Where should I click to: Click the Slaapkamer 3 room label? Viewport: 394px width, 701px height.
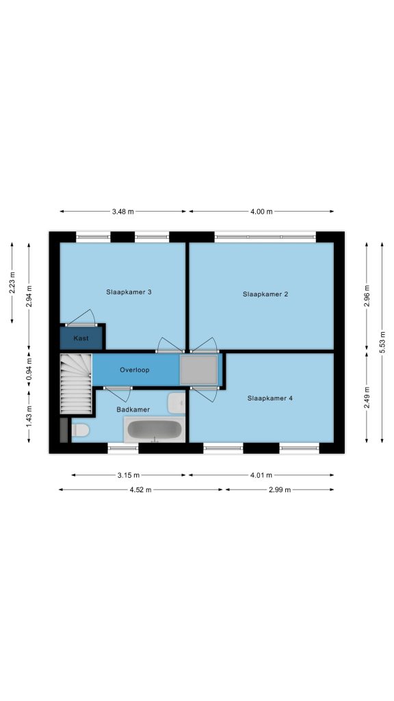(x=129, y=292)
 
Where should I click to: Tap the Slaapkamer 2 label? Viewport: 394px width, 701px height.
(x=265, y=294)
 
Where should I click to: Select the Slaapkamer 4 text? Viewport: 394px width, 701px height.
(x=270, y=398)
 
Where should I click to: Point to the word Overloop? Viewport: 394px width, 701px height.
(x=135, y=370)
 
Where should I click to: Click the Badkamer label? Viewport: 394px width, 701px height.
(x=133, y=409)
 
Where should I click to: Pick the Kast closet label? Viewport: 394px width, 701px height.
(x=81, y=338)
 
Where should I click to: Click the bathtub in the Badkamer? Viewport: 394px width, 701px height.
(x=155, y=430)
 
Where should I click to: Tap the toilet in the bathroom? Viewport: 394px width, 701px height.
(x=81, y=430)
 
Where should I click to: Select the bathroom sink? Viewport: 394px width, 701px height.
(x=176, y=403)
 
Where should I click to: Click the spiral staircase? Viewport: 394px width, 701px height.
(x=76, y=383)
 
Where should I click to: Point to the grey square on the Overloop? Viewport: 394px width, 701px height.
(x=199, y=370)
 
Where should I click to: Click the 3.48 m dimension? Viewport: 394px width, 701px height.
(x=123, y=212)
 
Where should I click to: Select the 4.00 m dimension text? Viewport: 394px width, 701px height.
(x=261, y=212)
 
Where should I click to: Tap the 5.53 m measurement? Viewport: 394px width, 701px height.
(x=382, y=342)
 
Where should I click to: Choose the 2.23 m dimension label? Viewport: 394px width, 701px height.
(x=12, y=283)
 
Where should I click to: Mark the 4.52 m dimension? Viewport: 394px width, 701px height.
(x=141, y=490)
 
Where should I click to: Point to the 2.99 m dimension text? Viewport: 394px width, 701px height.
(x=280, y=490)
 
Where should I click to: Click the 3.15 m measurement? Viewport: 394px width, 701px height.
(x=129, y=475)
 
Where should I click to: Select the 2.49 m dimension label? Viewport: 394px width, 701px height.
(x=367, y=397)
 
